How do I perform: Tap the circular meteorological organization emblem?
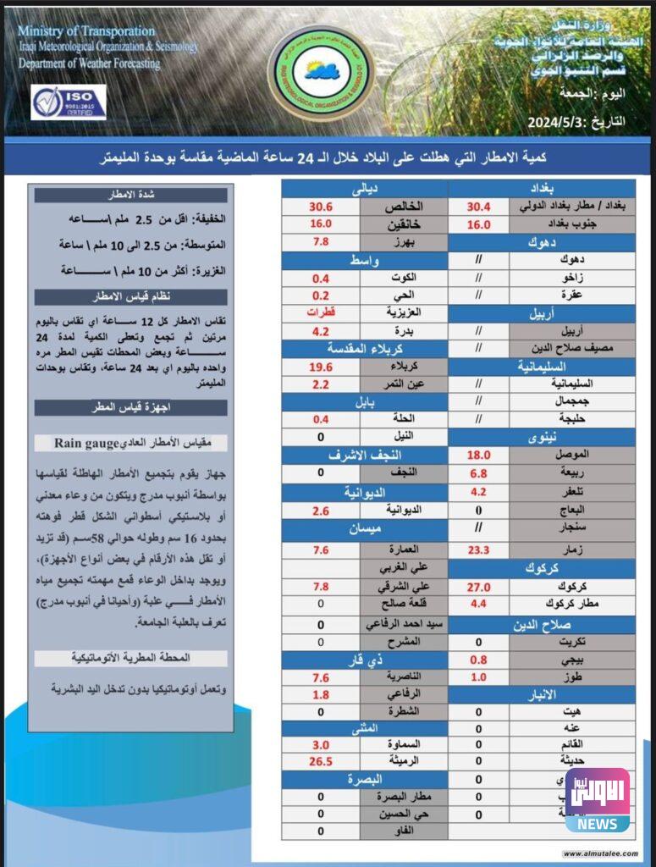(315, 70)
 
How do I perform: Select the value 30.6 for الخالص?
(322, 207)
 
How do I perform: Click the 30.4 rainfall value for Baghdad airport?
(479, 207)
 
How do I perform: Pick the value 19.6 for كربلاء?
(322, 367)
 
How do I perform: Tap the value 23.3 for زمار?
(479, 549)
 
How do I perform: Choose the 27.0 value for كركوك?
(479, 587)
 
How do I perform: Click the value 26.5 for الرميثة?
(322, 760)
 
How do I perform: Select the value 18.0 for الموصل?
(479, 456)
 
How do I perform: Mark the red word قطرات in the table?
(322, 313)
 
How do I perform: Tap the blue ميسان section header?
(365, 531)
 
